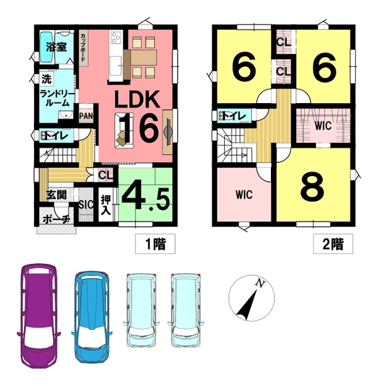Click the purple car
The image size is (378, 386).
pyautogui.click(x=39, y=316)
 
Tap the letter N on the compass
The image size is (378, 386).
pyautogui.click(x=260, y=283)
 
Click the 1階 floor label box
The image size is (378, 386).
pyautogui.click(x=155, y=244)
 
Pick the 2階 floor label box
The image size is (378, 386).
pyautogui.click(x=333, y=244)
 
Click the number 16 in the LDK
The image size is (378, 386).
pyautogui.click(x=139, y=128)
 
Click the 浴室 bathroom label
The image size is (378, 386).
pyautogui.click(x=57, y=47)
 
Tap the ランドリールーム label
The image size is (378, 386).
pyautogui.click(x=57, y=98)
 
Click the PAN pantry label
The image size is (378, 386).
pyautogui.click(x=86, y=116)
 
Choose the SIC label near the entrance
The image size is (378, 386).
pyautogui.click(x=86, y=204)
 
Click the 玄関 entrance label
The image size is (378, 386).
pyautogui.click(x=56, y=194)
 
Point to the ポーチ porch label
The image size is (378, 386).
pyautogui.click(x=57, y=219)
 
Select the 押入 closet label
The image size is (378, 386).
pyautogui.click(x=106, y=205)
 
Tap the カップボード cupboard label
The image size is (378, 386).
pyautogui.click(x=83, y=48)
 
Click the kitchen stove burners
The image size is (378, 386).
pyautogui.click(x=116, y=38)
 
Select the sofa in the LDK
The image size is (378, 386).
pyautogui.click(x=124, y=131)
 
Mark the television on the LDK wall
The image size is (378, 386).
pyautogui.click(x=168, y=132)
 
